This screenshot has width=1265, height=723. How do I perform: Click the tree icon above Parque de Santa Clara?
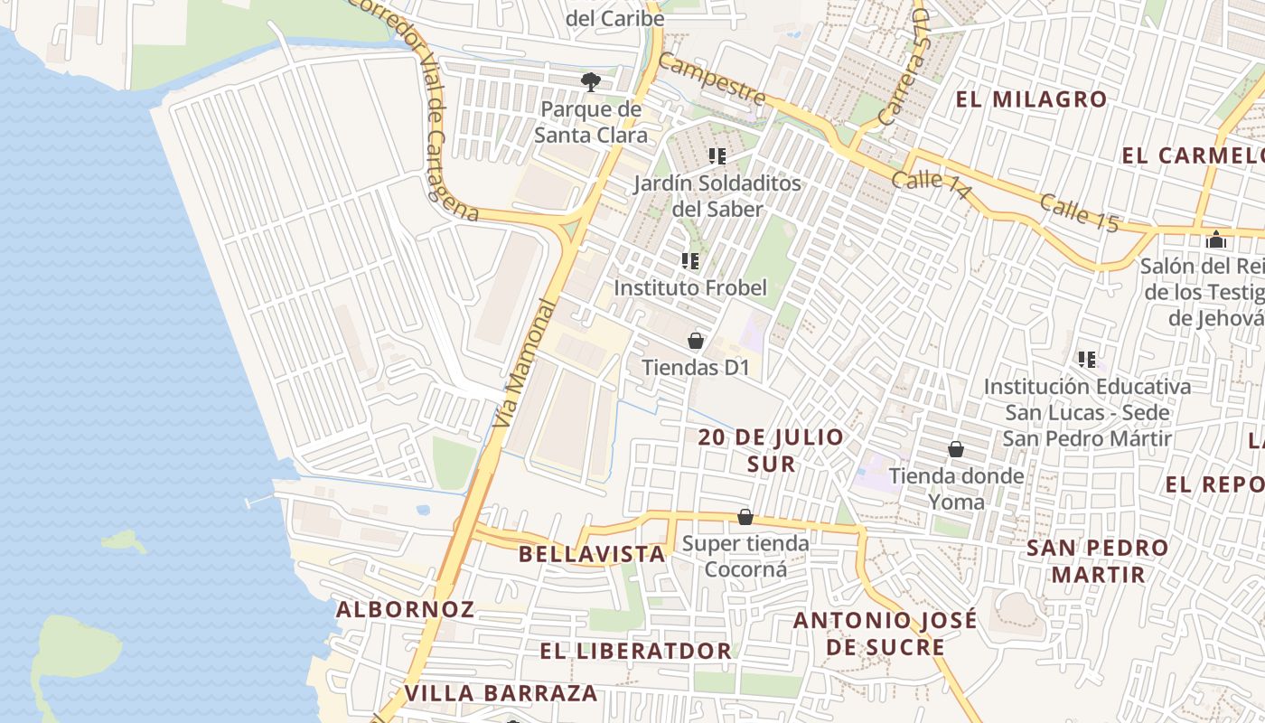[590, 82]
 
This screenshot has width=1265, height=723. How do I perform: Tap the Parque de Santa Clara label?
[590, 123]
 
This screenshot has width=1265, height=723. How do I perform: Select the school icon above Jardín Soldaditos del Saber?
[717, 156]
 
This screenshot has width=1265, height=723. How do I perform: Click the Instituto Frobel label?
[690, 287]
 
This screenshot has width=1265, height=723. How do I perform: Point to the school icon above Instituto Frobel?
[690, 262]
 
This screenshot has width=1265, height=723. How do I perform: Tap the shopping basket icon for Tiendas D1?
[696, 341]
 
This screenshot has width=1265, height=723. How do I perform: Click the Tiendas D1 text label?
[696, 368]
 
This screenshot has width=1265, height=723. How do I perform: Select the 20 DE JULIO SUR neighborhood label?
[771, 450]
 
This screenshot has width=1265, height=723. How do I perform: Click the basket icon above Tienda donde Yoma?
[956, 449]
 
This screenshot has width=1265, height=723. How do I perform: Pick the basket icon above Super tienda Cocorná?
[745, 517]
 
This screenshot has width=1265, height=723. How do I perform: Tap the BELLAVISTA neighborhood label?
[593, 554]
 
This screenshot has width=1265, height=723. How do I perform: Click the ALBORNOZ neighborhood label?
[405, 609]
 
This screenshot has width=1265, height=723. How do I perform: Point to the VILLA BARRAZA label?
[501, 693]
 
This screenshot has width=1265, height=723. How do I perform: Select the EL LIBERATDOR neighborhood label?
[635, 651]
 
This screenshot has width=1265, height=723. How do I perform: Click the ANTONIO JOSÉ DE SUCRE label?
[885, 634]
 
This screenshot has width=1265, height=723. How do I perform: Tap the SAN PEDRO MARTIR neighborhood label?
[1098, 560]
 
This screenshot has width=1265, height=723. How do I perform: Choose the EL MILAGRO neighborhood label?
[1031, 99]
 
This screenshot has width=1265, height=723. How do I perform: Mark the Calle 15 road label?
[1079, 213]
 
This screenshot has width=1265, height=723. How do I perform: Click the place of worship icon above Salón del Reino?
[1216, 240]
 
